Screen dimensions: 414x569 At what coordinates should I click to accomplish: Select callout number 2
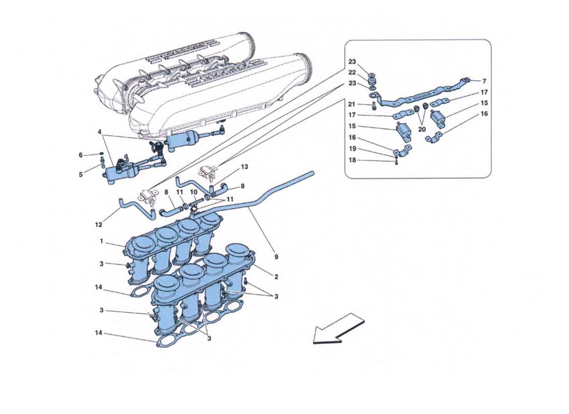coord(276,277)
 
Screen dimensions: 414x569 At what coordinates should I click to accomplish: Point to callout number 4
coord(99,132)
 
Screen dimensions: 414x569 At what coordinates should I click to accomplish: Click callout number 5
coord(81,174)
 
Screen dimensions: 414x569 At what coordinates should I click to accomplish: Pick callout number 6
coord(81,155)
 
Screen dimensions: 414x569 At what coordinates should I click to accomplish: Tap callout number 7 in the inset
coord(484,81)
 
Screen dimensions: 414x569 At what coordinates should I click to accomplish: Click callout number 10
coord(193,192)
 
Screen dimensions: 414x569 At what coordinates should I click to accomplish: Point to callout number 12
coord(99,225)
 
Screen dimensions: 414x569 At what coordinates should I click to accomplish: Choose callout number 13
coord(245,167)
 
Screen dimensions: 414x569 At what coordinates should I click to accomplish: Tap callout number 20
coord(422,129)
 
